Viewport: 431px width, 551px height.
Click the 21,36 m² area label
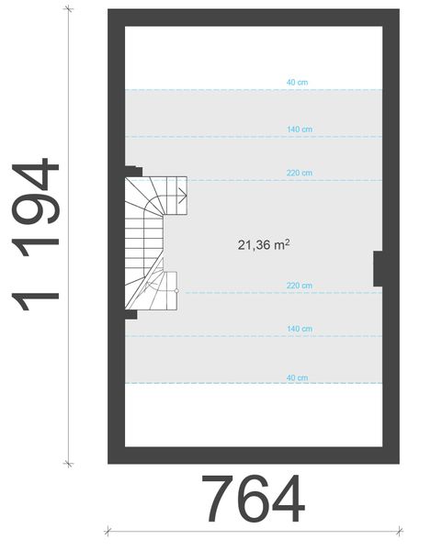pyautogui.click(x=264, y=244)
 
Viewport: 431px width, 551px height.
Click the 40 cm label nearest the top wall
pyautogui.click(x=297, y=83)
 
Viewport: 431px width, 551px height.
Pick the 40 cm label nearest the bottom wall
pyautogui.click(x=297, y=378)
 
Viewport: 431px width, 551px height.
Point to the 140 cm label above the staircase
pyautogui.click(x=300, y=130)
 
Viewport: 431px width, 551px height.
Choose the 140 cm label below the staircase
pyautogui.click(x=300, y=329)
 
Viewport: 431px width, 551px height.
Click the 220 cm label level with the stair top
pyautogui.click(x=300, y=173)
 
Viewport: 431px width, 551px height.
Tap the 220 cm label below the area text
pyautogui.click(x=300, y=286)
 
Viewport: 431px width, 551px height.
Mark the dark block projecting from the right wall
pyautogui.click(x=378, y=269)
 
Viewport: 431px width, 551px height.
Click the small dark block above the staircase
pyautogui.click(x=133, y=171)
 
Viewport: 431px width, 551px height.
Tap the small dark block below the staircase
pyautogui.click(x=131, y=314)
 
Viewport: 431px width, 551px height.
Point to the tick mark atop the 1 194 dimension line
pyautogui.click(x=67, y=9)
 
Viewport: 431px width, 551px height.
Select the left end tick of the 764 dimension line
pyautogui.click(x=108, y=531)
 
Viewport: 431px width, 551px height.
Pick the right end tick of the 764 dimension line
pyautogui.click(x=399, y=531)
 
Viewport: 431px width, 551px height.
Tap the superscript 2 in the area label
pyautogui.click(x=288, y=241)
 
